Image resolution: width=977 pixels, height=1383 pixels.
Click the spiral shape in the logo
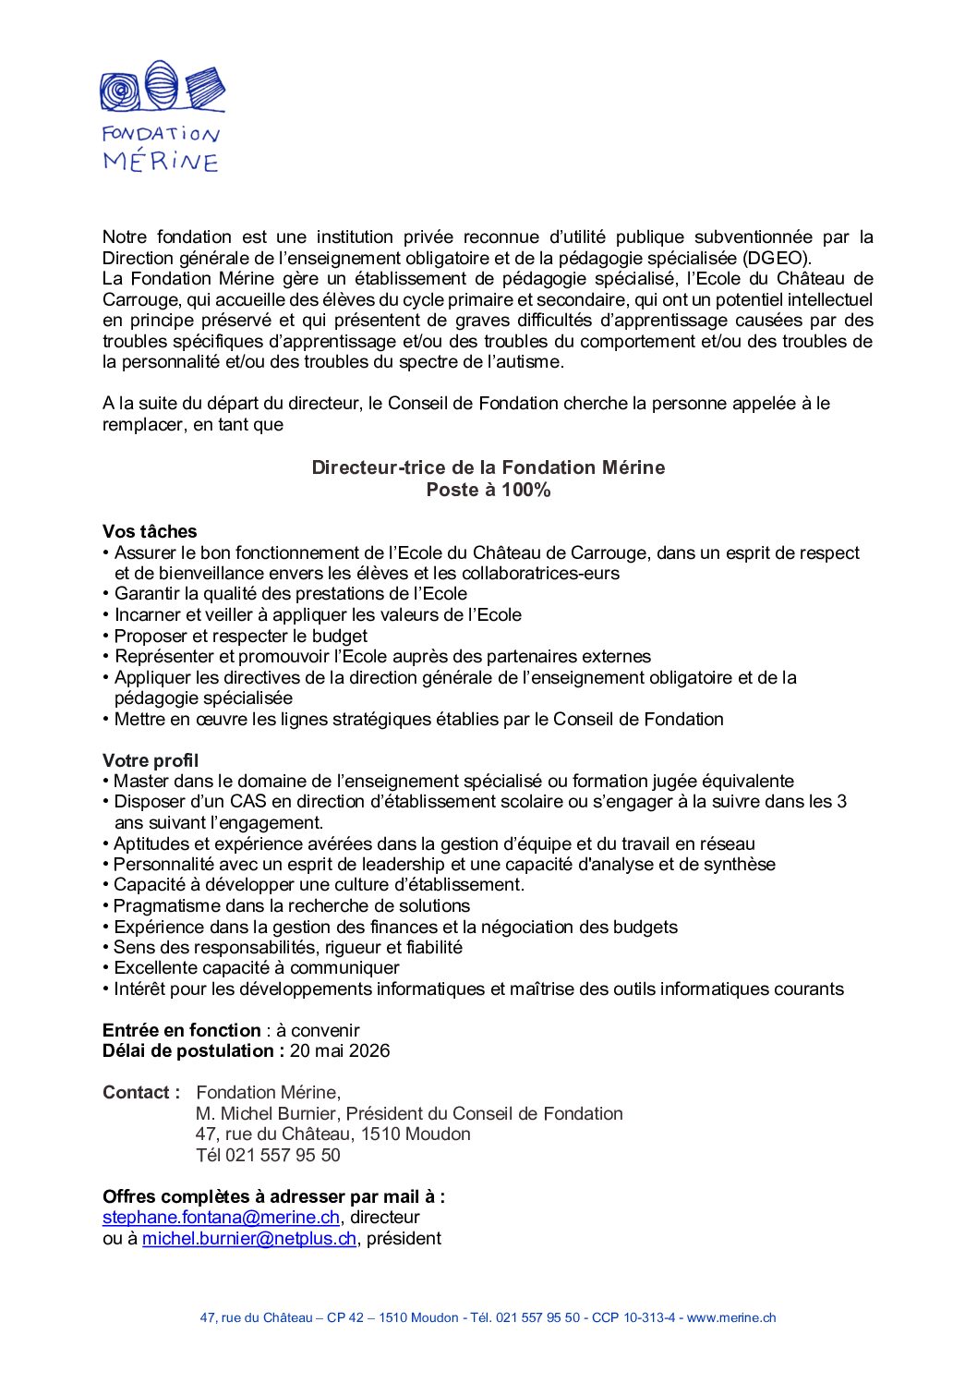pyautogui.click(x=119, y=91)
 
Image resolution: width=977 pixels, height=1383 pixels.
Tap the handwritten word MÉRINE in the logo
pyautogui.click(x=161, y=162)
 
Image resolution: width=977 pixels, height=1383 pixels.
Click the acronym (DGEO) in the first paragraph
pyautogui.click(x=777, y=259)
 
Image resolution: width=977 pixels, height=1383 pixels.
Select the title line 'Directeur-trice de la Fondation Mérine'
pyautogui.click(x=488, y=467)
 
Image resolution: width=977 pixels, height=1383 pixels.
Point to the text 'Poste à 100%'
pyautogui.click(x=488, y=490)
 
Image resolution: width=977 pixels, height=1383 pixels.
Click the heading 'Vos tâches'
pyautogui.click(x=150, y=531)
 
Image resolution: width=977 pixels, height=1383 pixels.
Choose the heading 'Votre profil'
pyautogui.click(x=151, y=760)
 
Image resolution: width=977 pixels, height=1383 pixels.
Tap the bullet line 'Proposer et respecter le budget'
pyautogui.click(x=240, y=636)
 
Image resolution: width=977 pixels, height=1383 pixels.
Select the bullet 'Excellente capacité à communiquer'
pyautogui.click(x=256, y=968)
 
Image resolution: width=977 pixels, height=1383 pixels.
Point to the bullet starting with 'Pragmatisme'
pyautogui.click(x=291, y=905)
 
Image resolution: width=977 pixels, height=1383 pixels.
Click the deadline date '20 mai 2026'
pyautogui.click(x=340, y=1051)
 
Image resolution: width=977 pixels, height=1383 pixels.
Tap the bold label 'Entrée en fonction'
pyautogui.click(x=182, y=1030)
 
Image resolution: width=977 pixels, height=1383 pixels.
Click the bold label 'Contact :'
pyautogui.click(x=141, y=1093)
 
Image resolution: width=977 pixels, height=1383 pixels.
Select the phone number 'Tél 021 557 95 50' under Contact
pyautogui.click(x=268, y=1155)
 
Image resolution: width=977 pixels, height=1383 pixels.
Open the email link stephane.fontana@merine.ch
pyautogui.click(x=221, y=1218)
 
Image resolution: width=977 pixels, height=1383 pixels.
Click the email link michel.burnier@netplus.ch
pyautogui.click(x=249, y=1239)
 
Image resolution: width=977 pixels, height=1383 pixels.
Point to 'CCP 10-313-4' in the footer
pyautogui.click(x=633, y=1318)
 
